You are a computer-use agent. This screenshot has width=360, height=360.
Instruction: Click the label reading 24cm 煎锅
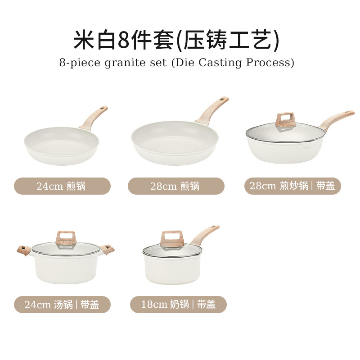tap(62, 186)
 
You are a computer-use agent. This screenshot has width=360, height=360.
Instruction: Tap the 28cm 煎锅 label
tap(176, 186)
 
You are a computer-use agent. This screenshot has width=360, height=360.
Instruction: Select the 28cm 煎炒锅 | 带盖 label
tap(292, 186)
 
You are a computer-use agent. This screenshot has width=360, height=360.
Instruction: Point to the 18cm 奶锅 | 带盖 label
tap(178, 305)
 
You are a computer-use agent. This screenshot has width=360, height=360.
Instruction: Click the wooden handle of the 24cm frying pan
tap(94, 117)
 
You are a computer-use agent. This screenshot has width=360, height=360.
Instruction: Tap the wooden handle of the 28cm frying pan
tap(211, 109)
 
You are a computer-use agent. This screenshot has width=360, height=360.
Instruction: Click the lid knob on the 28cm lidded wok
tap(285, 119)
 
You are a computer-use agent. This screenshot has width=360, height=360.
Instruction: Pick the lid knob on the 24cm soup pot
tap(66, 238)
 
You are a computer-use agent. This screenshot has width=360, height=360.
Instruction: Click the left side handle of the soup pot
tap(24, 250)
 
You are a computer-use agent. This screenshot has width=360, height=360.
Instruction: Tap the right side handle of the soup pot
tap(108, 249)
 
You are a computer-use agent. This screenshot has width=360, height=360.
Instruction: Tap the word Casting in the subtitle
tap(222, 62)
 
